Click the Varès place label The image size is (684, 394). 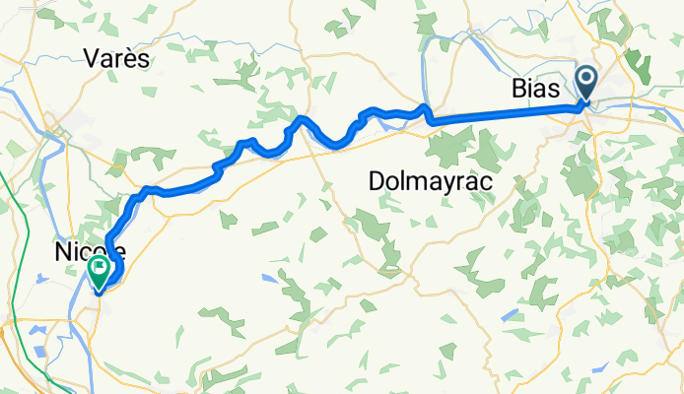click(x=116, y=59)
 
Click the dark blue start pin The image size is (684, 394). click(x=585, y=83)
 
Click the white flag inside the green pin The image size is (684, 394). click(x=100, y=267)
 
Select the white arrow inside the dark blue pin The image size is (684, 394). click(x=585, y=79)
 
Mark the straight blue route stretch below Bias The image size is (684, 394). click(x=503, y=112)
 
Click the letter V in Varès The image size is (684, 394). click(x=92, y=59)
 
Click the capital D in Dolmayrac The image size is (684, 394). click(x=376, y=181)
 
